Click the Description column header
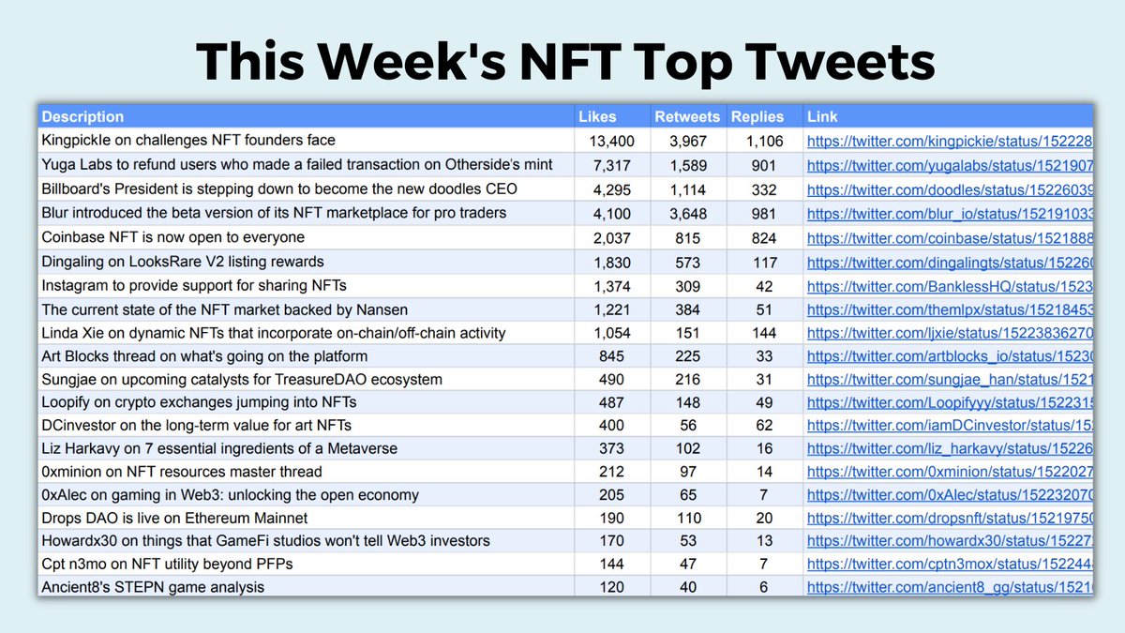[82, 117]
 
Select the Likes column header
[597, 117]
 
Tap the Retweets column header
[687, 117]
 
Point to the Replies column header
[757, 117]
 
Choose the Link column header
[822, 117]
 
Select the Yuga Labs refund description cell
[296, 165]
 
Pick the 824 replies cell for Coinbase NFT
[765, 238]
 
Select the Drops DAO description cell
[174, 518]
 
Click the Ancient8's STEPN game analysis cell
[153, 587]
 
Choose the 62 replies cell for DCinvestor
[765, 426]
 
